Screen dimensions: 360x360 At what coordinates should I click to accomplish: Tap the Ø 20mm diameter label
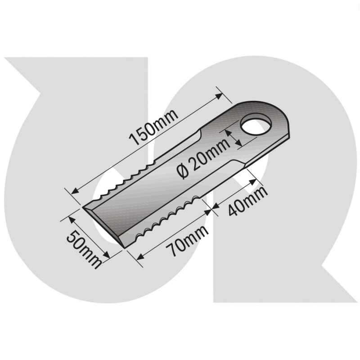[203, 162]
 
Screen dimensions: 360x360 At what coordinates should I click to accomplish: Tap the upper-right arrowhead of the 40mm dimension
[254, 180]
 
